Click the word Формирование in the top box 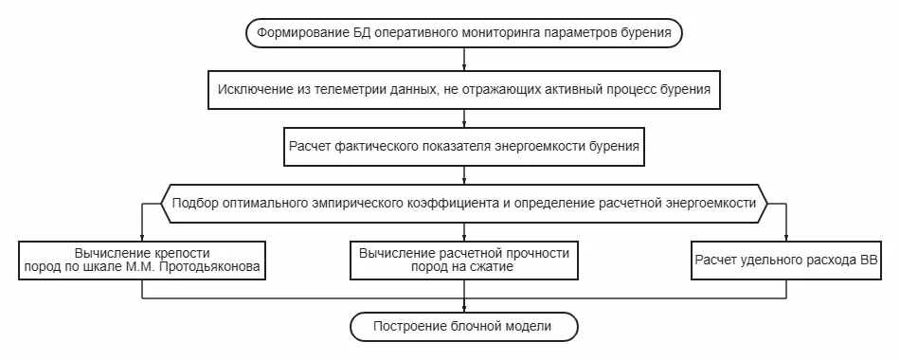click(x=301, y=33)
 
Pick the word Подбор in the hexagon click(x=194, y=203)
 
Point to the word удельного click(x=769, y=261)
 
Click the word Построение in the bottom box click(x=412, y=327)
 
